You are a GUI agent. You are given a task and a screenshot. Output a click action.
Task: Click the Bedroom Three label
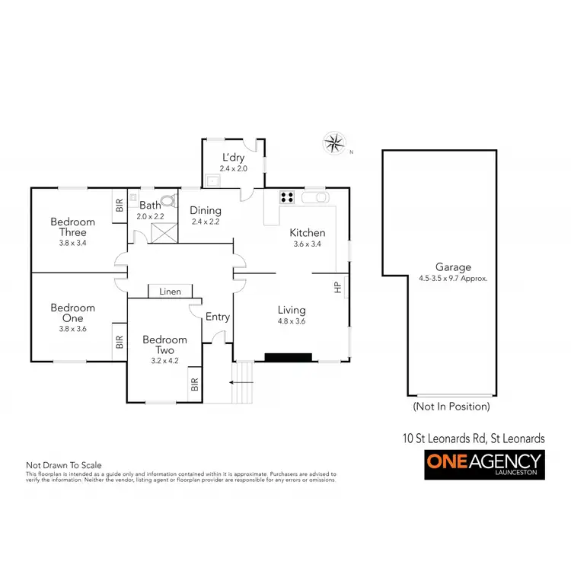(x=72, y=227)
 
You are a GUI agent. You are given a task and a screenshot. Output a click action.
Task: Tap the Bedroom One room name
(x=72, y=313)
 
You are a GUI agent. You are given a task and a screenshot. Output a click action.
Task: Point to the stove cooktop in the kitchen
(x=287, y=197)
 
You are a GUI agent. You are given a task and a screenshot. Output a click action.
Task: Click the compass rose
(x=333, y=142)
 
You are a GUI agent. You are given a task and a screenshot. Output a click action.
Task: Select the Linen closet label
(x=170, y=292)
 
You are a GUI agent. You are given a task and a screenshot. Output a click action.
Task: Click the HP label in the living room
(x=337, y=287)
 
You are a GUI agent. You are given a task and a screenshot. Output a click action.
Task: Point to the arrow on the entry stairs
(x=241, y=383)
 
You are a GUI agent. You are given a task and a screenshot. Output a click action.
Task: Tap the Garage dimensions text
(x=453, y=279)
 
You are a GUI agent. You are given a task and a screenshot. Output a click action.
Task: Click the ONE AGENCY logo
(x=483, y=464)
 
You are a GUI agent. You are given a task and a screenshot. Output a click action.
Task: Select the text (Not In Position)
(x=451, y=407)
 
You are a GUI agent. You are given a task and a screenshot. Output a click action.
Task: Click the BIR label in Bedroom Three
(x=119, y=206)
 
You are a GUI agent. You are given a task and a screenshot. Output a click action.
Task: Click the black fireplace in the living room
(x=288, y=356)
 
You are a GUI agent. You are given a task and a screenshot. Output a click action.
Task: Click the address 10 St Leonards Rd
(x=473, y=439)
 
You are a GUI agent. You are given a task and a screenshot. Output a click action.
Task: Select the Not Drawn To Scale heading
(x=64, y=464)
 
